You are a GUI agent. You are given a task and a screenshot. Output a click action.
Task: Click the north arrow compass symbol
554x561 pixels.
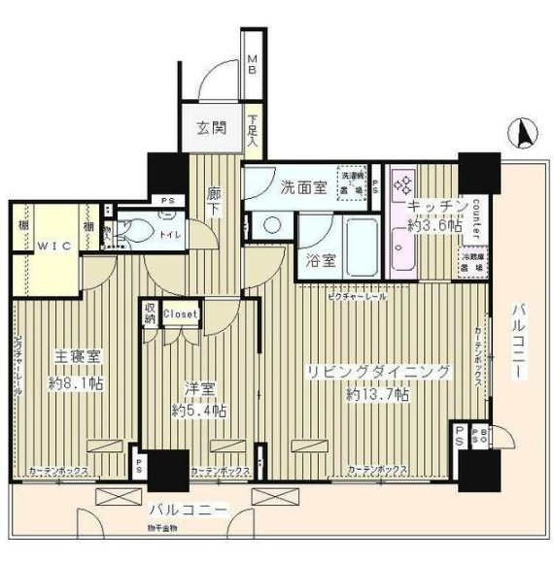tap(521, 130)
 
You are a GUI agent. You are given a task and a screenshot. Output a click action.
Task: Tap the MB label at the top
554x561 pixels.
tap(251, 65)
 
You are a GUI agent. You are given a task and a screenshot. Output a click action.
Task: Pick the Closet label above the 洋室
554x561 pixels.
tap(181, 313)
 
